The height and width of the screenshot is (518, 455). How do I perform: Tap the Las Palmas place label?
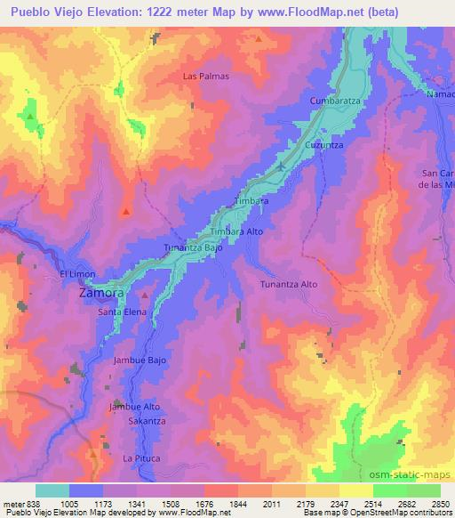point(206,77)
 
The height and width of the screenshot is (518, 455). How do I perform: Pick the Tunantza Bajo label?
point(193,248)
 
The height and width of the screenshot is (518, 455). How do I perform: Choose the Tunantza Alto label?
point(288,284)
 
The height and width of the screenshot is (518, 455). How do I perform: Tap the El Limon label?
point(77,273)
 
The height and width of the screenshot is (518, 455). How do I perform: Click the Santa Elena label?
point(123,312)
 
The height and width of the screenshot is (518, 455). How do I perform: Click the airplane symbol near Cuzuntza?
point(283,165)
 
